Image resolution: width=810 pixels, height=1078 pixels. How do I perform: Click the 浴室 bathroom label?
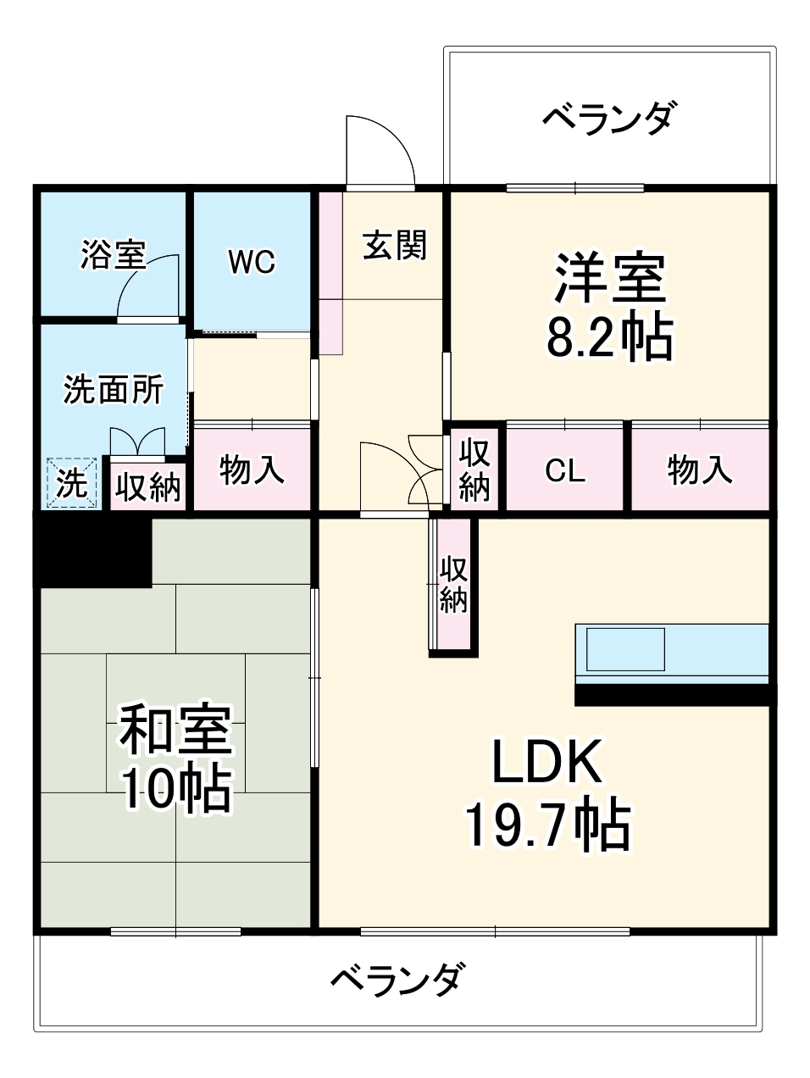pos(114,254)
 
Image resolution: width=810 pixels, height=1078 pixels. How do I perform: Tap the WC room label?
pos(252,262)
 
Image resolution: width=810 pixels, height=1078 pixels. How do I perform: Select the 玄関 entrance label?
pos(395,245)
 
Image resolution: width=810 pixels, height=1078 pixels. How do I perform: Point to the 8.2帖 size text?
pos(609,337)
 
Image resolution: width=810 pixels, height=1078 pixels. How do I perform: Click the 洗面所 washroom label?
pos(114,390)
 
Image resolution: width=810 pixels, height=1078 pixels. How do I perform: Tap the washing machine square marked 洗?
pos(73,484)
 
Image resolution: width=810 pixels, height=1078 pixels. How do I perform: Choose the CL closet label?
pos(565,470)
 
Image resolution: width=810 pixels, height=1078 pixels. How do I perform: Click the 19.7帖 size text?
pos(547,825)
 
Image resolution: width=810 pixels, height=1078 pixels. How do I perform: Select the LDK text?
pos(547,762)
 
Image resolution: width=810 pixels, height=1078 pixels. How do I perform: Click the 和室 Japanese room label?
pos(175,730)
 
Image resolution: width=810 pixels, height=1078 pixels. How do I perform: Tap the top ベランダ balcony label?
pos(609,118)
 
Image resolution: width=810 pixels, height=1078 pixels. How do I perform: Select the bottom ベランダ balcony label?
pos(397,981)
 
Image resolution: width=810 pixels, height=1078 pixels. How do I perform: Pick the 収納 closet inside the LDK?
pos(454,585)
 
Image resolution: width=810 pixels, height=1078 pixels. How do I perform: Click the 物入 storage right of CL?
pos(700,469)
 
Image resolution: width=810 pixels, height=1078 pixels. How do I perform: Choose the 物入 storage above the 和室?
pos(252,469)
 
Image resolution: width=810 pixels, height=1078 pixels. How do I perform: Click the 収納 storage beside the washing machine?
pos(148,486)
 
